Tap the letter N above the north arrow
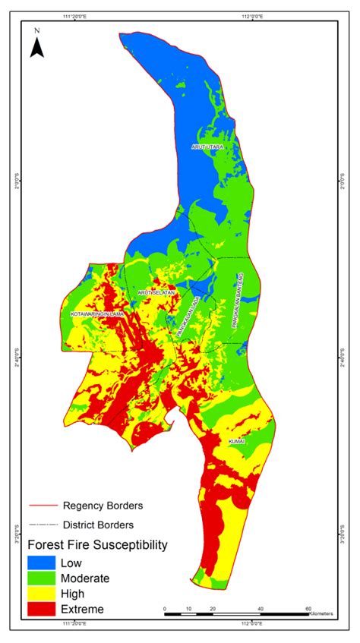pyautogui.click(x=36, y=31)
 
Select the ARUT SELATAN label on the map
pyautogui.click(x=156, y=292)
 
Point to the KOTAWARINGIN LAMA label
pyautogui.click(x=96, y=313)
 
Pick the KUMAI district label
pyautogui.click(x=235, y=440)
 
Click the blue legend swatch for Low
pyautogui.click(x=42, y=563)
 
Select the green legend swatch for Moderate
pyautogui.click(x=42, y=578)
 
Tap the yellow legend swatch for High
pyautogui.click(x=42, y=594)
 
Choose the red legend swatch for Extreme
pyautogui.click(x=42, y=609)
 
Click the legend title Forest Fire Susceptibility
pyautogui.click(x=97, y=545)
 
